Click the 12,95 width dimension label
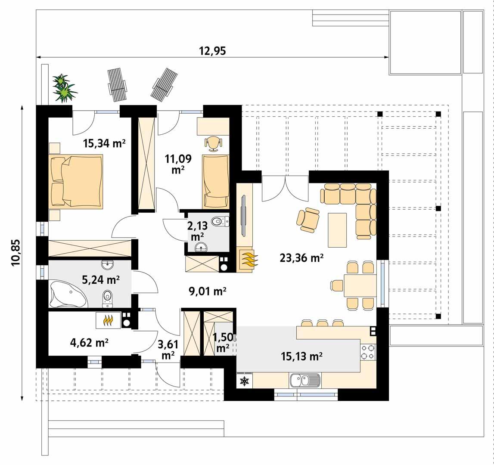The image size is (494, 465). (212, 51)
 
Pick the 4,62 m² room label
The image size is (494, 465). (89, 343)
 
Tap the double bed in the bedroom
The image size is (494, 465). (78, 181)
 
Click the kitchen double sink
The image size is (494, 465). (305, 381)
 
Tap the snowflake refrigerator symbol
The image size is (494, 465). (244, 381)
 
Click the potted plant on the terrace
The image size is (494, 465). (64, 88)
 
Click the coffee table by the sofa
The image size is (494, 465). (337, 230)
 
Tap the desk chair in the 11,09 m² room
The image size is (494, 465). (214, 143)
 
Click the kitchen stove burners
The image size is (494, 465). (369, 352)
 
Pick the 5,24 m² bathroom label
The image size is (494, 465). (101, 280)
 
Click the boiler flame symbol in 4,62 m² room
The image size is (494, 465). (107, 321)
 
